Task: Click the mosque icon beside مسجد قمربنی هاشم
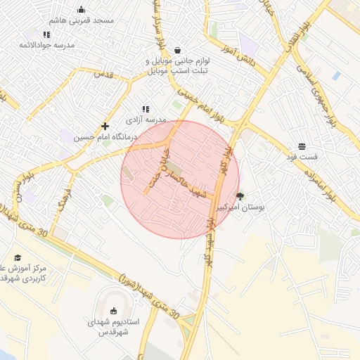click(81, 10)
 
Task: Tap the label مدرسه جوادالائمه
click(46, 45)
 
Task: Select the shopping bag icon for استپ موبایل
click(176, 51)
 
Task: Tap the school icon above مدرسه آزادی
click(146, 109)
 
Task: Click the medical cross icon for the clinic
click(105, 125)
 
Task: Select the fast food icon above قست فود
click(302, 146)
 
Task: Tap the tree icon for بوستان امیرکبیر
click(240, 196)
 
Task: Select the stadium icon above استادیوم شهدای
click(114, 310)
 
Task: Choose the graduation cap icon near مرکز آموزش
click(18, 258)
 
